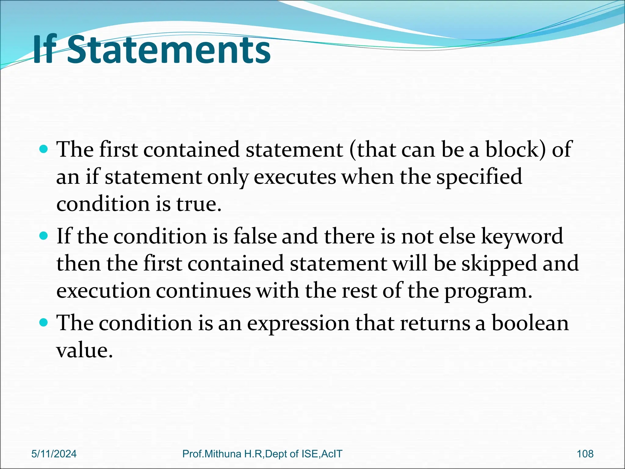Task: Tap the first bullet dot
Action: (44, 150)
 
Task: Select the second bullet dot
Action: (44, 236)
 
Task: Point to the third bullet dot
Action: (44, 322)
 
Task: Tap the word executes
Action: (295, 177)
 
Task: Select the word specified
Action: (479, 177)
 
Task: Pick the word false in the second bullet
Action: (255, 236)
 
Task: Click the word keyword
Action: (522, 236)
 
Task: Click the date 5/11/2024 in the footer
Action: (54, 454)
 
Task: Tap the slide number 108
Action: (585, 454)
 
